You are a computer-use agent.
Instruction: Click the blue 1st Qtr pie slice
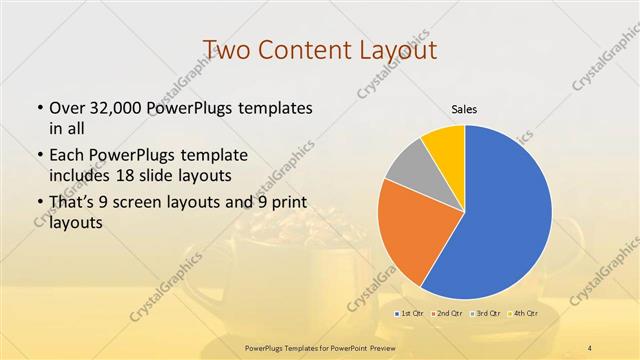coord(505,215)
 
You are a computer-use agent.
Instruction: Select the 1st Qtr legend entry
coord(410,314)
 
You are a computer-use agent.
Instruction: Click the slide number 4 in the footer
coord(591,347)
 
